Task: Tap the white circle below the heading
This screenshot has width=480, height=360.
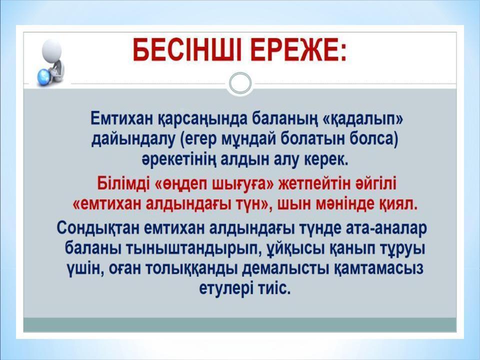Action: pos(240,82)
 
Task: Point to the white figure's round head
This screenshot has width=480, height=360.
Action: pos(52,49)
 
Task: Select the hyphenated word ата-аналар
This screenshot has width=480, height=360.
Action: pos(385,229)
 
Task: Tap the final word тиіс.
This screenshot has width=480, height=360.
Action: pos(274,288)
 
